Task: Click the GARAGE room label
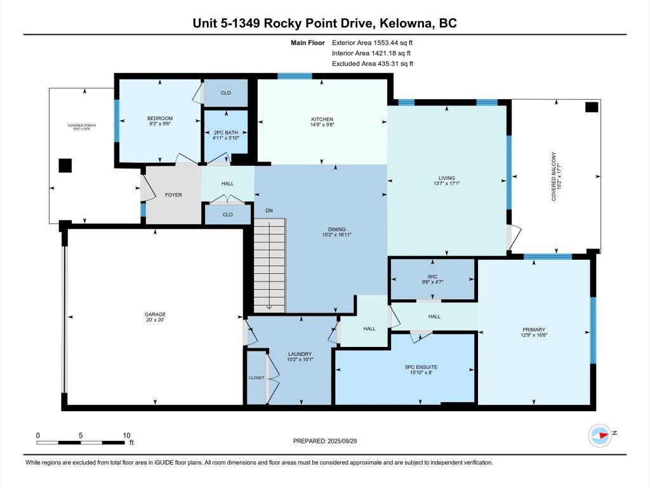point(154,314)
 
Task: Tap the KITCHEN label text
point(322,119)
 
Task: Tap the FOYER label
point(173,195)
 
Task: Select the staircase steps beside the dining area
point(269,264)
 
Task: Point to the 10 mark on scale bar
point(126,435)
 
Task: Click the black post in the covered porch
point(65,165)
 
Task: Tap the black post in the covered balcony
point(591,107)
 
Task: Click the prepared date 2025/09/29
point(329,440)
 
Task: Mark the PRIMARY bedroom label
point(534,330)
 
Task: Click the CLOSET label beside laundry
point(256,377)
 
